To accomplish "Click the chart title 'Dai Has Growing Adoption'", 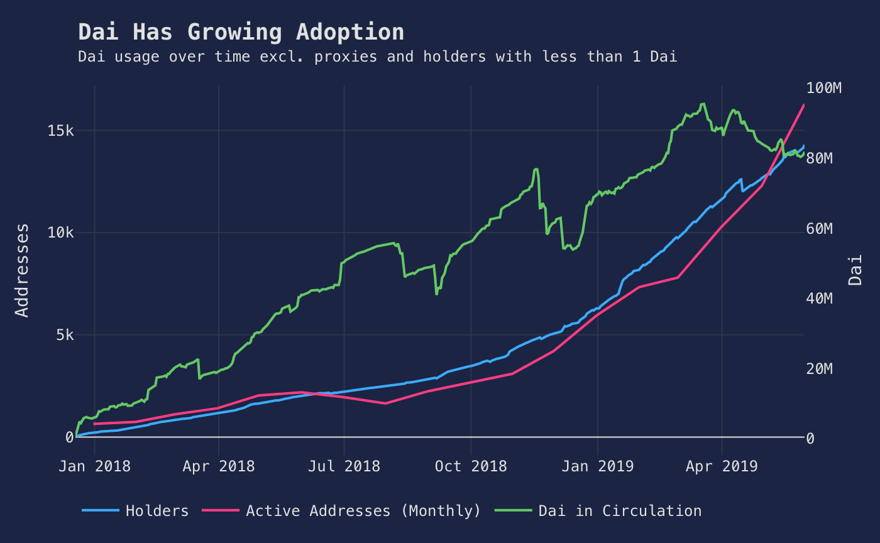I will click(x=241, y=32).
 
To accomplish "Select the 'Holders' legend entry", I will click(x=157, y=511).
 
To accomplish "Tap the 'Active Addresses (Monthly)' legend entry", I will click(x=363, y=511).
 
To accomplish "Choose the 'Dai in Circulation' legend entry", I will click(x=619, y=511).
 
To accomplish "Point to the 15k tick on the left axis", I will click(x=62, y=131).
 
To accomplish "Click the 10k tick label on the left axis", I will click(x=62, y=233).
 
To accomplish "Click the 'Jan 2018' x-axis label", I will click(x=94, y=466).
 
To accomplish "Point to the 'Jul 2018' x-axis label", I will click(x=344, y=466).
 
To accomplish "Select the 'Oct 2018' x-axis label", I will click(x=470, y=466).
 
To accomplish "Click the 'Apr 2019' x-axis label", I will click(x=722, y=466).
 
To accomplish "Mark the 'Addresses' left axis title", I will click(x=22, y=270).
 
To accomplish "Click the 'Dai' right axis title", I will click(x=855, y=270).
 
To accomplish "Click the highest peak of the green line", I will click(x=703, y=104).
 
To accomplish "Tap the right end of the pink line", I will click(x=804, y=105).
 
